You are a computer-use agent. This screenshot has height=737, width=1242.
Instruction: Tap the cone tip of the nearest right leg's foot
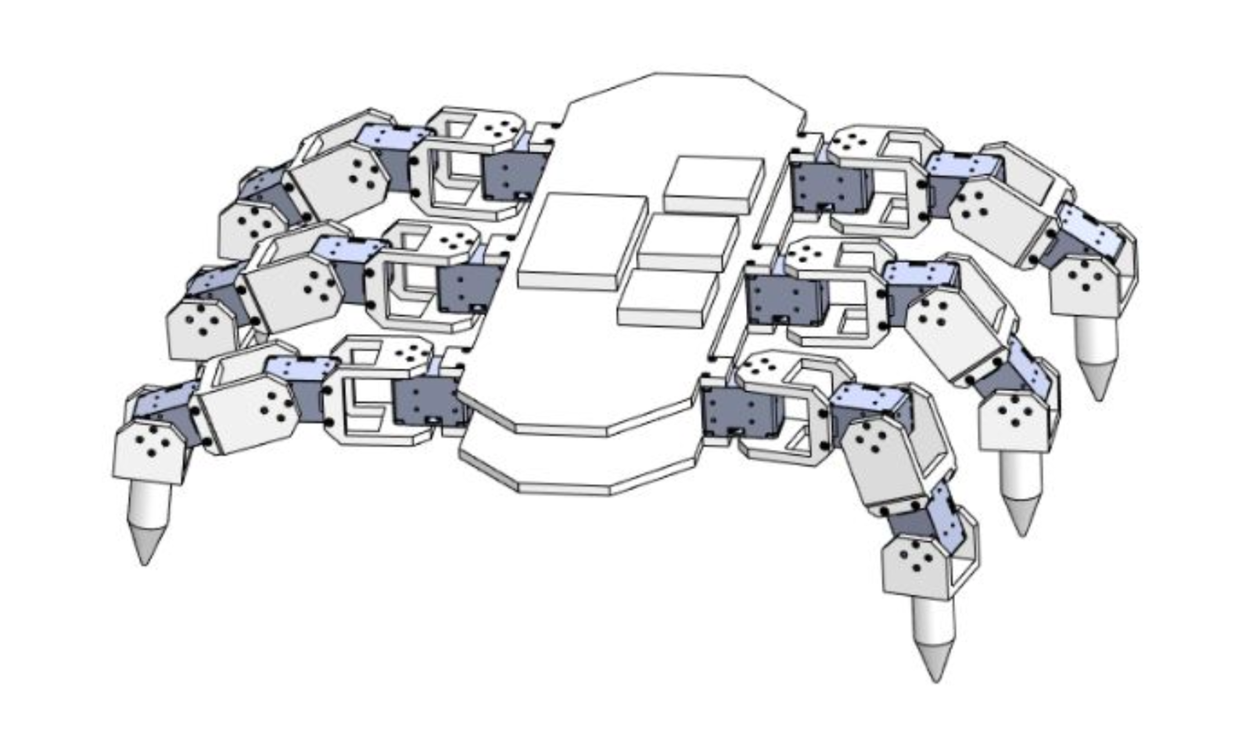click(936, 680)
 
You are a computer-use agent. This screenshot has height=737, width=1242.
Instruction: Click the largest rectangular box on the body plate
click(582, 242)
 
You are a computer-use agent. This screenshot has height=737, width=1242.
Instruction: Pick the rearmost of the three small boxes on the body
click(714, 185)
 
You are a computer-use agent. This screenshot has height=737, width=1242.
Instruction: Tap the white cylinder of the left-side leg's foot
click(149, 505)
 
